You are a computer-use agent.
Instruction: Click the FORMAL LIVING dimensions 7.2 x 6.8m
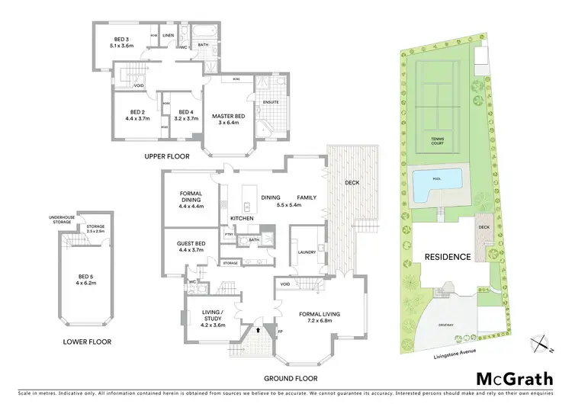coord(320,320)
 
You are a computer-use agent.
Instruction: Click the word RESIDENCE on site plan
coord(447,257)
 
